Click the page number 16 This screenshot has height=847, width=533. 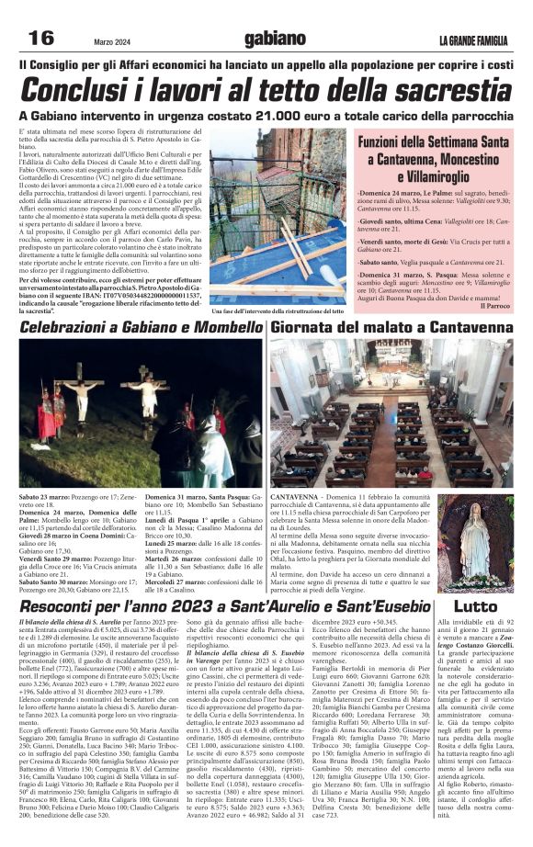point(41,38)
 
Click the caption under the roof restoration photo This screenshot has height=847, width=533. point(277,311)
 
